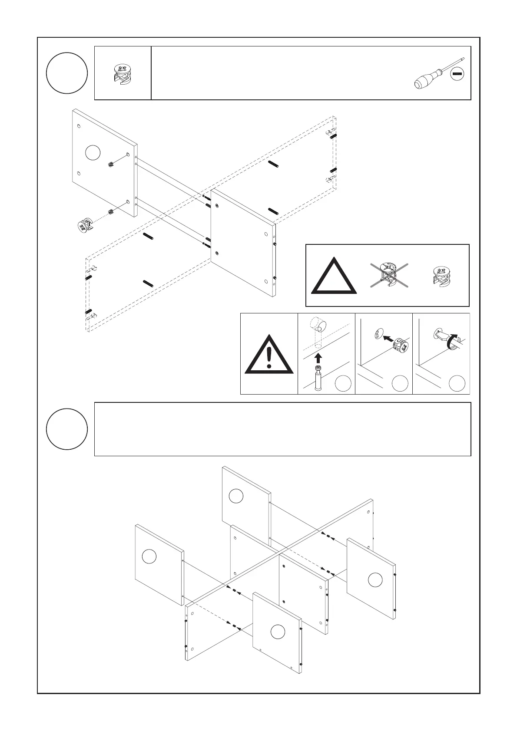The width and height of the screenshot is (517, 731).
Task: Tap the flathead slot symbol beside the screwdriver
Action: [457, 74]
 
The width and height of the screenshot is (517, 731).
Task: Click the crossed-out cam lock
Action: [388, 275]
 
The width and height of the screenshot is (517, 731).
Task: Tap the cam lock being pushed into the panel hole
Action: [401, 346]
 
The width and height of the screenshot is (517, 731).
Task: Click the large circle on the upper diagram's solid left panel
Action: [93, 152]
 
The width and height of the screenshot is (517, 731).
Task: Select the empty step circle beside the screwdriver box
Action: [67, 73]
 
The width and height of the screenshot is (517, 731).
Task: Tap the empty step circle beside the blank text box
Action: [67, 429]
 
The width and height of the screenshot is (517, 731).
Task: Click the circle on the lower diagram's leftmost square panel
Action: [149, 556]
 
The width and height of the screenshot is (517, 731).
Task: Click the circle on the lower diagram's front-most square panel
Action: [278, 632]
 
